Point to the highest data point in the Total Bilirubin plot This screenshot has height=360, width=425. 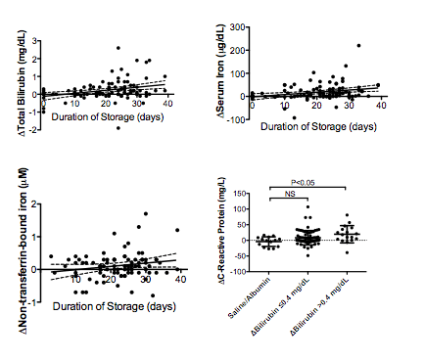(118, 48)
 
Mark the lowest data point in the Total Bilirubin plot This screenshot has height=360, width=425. (118, 128)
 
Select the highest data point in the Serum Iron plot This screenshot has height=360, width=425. (359, 46)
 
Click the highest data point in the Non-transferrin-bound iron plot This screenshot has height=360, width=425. (145, 212)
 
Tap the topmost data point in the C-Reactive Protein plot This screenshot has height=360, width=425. (307, 207)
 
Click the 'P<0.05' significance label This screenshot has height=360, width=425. (308, 181)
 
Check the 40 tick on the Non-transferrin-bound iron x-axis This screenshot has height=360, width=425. (177, 280)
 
